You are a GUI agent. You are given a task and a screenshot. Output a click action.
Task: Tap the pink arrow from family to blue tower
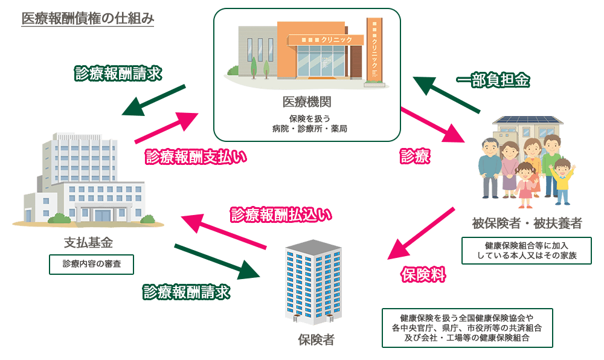point(421,233)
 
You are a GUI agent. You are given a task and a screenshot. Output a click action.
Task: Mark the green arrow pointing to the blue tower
point(217,262)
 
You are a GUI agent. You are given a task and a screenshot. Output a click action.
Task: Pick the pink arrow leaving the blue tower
point(223,232)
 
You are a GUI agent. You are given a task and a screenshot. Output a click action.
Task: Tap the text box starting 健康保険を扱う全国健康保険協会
point(467,327)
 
